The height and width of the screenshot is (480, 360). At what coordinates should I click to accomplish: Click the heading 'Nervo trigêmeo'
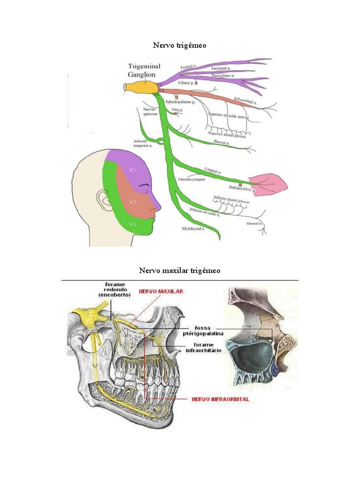[180, 45]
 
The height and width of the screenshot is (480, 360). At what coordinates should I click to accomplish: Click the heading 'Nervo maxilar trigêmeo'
[180, 271]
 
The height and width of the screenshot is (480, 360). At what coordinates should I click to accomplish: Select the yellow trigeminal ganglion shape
[143, 87]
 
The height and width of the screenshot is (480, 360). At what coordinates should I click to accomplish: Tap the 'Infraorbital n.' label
[245, 100]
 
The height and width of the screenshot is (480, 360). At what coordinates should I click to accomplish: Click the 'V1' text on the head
[133, 171]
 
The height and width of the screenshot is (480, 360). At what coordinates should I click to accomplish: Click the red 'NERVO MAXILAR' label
[161, 291]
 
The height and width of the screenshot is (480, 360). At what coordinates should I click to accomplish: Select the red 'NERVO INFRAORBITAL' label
[220, 399]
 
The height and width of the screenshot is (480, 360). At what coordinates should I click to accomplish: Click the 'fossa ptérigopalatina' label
[203, 330]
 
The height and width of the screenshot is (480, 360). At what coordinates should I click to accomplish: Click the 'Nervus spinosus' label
[150, 112]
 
